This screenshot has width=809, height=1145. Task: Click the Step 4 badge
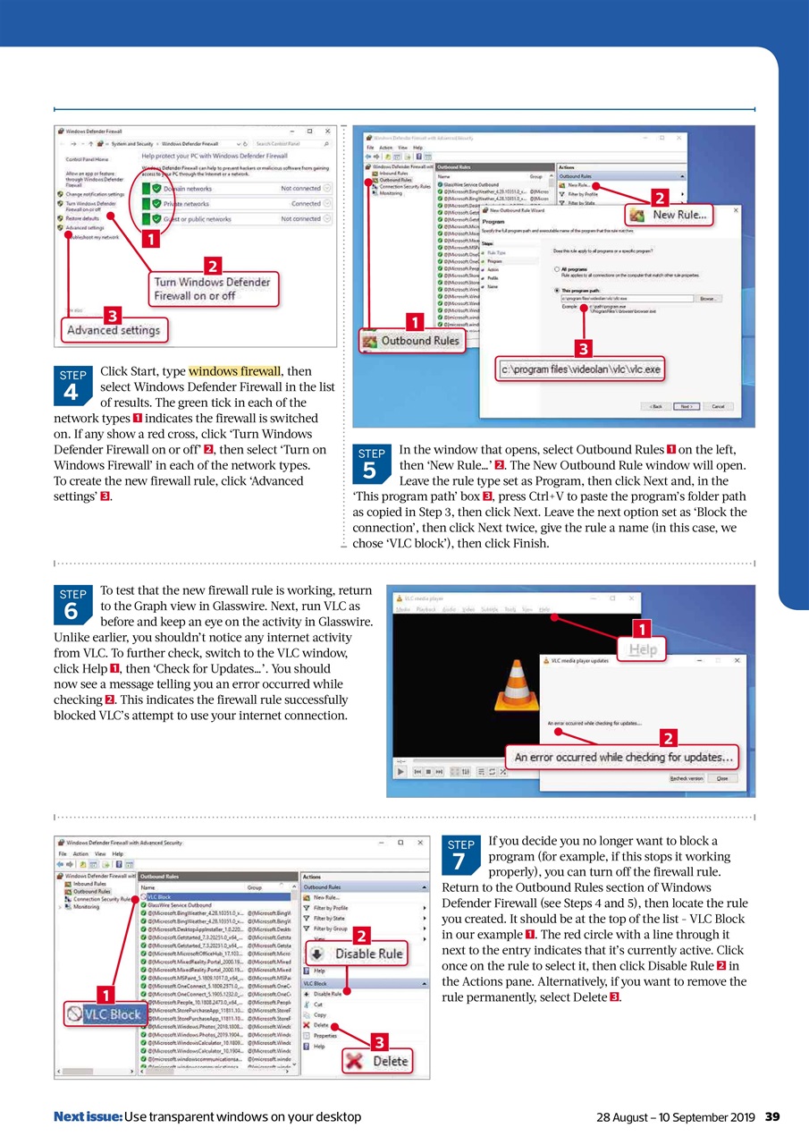point(72,384)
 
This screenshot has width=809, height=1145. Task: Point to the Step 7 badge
point(460,853)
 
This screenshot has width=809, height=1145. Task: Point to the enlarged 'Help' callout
point(643,650)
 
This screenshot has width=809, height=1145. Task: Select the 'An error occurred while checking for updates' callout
point(623,758)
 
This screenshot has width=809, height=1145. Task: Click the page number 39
point(773,1116)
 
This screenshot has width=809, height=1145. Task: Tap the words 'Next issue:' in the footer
point(88,1116)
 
